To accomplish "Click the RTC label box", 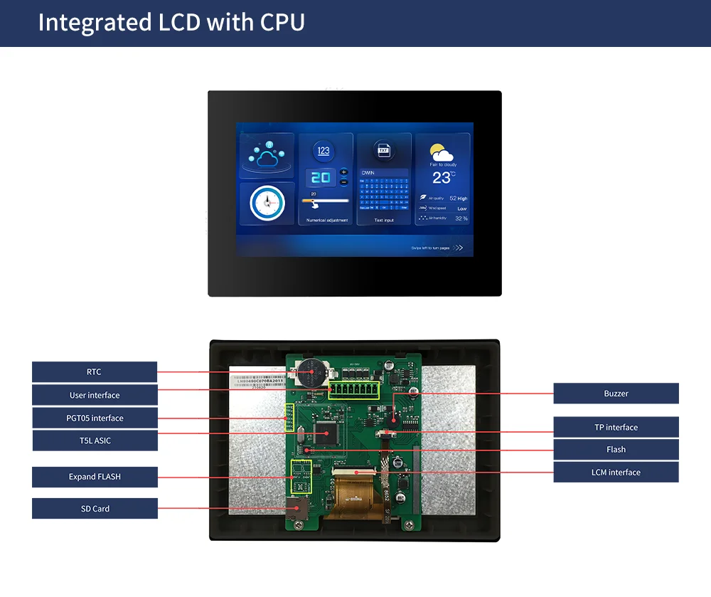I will coord(95,372).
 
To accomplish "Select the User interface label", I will coord(95,395).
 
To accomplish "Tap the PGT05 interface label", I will coord(95,418).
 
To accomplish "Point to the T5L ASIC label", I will coord(95,440).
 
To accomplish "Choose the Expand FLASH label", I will coord(95,477).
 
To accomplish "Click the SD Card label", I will coord(95,509).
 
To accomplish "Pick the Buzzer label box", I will coord(616,393).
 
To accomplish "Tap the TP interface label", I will coord(616,427).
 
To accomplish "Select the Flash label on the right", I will coord(616,450).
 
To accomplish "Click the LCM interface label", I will coord(616,472).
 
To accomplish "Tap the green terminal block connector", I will coord(353,391).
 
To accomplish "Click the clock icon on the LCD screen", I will coord(266,204).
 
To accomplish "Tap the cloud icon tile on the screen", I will coord(266,154).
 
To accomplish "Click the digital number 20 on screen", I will coord(321,177).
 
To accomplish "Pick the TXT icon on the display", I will coord(383,150).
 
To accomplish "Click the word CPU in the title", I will coord(282,23).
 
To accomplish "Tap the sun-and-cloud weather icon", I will coord(442,152).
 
